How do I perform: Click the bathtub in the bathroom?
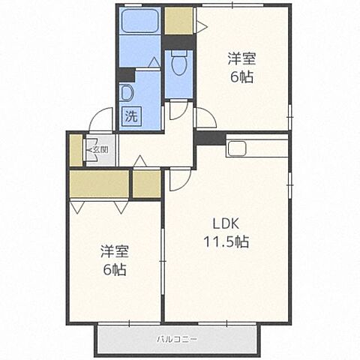pyautogui.click(x=139, y=21)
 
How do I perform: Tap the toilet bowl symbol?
pyautogui.click(x=179, y=63)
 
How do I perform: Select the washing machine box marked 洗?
pyautogui.click(x=131, y=115)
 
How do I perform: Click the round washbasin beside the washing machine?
pyautogui.click(x=126, y=93)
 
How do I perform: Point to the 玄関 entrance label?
pyautogui.click(x=100, y=150)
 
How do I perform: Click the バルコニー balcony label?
pyautogui.click(x=177, y=340)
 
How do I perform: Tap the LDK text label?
pyautogui.click(x=226, y=223)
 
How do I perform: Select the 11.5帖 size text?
pyautogui.click(x=226, y=241)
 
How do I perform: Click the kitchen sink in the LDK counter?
pyautogui.click(x=237, y=148)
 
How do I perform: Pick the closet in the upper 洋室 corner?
pyautogui.click(x=178, y=21)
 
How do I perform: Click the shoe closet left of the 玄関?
pyautogui.click(x=76, y=150)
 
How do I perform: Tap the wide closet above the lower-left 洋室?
pyautogui.click(x=99, y=184)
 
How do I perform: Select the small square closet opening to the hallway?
pyautogui.click(x=146, y=184)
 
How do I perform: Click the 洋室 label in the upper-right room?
pyautogui.click(x=241, y=58)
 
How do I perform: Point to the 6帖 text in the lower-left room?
pyautogui.click(x=115, y=269)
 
